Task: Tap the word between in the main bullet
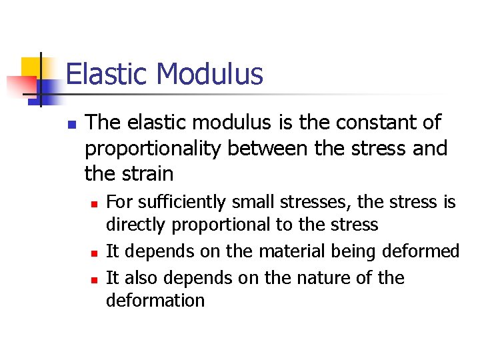click(x=270, y=148)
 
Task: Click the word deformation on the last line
click(x=155, y=301)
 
